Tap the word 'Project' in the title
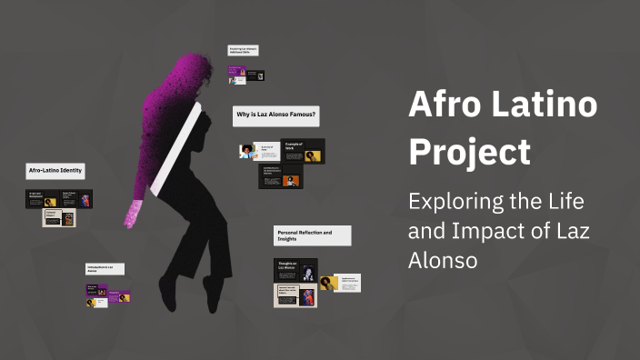tap(469, 152)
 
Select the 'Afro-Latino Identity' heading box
tap(55, 171)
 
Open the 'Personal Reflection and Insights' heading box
tap(312, 235)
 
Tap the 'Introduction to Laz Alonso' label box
tap(105, 268)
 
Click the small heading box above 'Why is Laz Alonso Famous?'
tap(244, 51)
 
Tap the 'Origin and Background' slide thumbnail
tap(42, 198)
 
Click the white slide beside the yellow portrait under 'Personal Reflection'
tap(347, 283)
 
